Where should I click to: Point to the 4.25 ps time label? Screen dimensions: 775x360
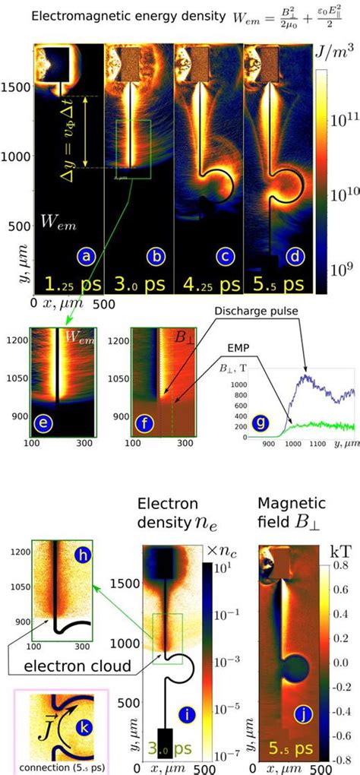206,283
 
